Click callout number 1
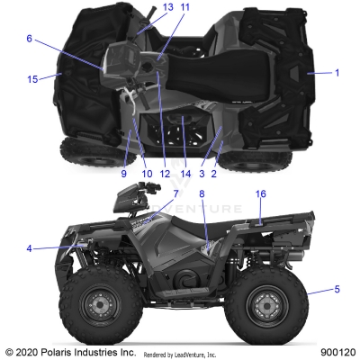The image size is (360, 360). [337, 72]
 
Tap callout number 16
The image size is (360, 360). [261, 219]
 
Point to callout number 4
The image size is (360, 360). [29, 248]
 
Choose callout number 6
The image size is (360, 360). [29, 39]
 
